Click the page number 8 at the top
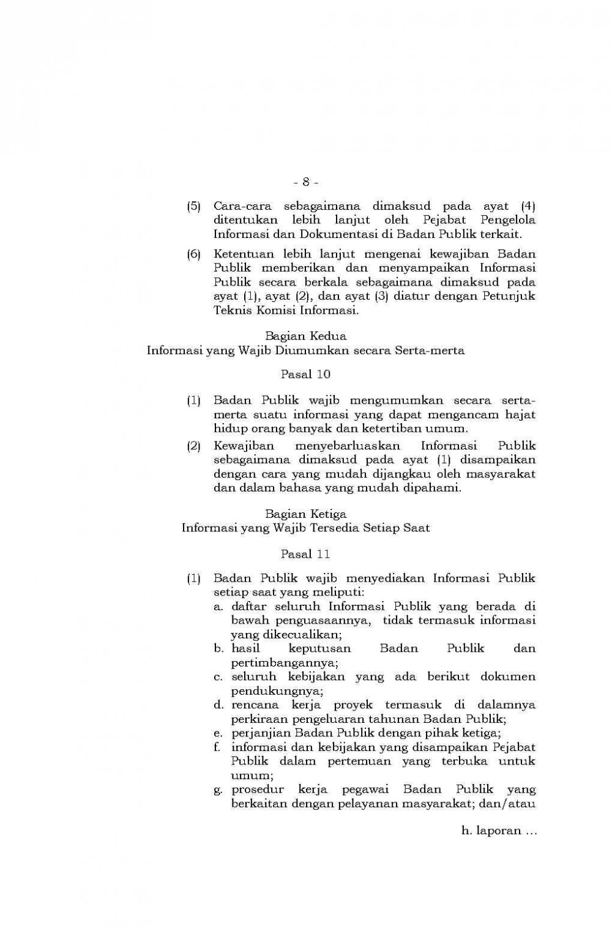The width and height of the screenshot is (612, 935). point(305,182)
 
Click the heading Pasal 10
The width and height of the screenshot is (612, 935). point(305,374)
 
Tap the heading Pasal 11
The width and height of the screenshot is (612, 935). point(305,554)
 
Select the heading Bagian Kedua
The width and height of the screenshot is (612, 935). point(305,336)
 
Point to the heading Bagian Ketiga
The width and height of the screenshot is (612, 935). point(305,514)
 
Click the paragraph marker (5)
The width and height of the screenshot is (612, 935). point(193,206)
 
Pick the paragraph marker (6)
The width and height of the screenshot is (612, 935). point(193,254)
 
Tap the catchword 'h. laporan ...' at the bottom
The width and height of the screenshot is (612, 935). point(499,831)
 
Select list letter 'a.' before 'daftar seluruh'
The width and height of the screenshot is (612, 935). point(218,607)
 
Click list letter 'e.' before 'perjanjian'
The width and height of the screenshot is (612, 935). point(218,733)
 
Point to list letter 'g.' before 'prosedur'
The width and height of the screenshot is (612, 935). point(218,790)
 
